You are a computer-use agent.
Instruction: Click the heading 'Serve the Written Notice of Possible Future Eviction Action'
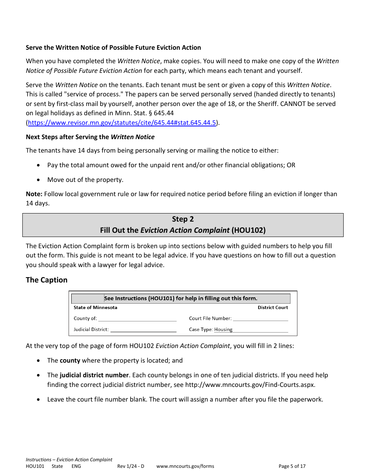[113, 48]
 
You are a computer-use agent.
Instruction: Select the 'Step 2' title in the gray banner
[183, 219]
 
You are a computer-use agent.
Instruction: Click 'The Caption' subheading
[47, 280]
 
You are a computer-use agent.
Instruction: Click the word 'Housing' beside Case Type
[223, 329]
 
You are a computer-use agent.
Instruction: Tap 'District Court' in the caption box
[273, 308]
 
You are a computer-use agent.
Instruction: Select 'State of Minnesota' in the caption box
[96, 308]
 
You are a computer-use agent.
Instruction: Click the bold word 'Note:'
[34, 194]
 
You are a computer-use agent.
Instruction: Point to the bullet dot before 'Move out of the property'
[38, 180]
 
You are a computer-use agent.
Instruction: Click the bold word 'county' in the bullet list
[70, 361]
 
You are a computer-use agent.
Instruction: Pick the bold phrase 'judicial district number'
[94, 375]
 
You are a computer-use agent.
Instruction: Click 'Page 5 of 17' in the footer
[292, 466]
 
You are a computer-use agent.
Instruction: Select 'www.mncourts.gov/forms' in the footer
[185, 466]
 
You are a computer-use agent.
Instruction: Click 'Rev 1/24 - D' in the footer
[131, 466]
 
